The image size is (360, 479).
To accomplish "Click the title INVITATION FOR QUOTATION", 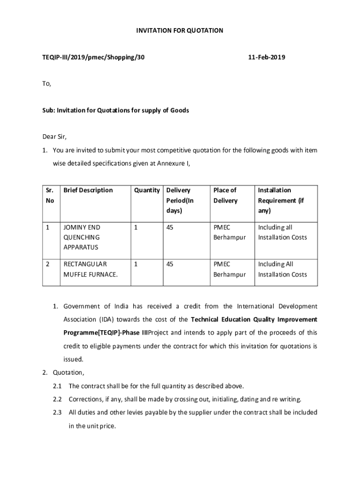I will coord(180,30).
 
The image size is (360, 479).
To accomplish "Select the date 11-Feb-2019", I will coord(266,57).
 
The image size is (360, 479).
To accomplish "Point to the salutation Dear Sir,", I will coord(55,137).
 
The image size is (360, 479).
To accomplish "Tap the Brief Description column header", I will coord(88,190).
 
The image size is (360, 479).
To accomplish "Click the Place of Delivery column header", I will coord(225,195).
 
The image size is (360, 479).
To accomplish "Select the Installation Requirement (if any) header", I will coord(281,200).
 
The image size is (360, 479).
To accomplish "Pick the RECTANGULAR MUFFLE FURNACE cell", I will coord(90,269).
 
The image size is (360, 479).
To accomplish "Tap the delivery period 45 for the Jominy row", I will coord(170,227).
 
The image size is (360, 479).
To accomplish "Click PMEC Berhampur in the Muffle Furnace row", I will coord(230,269).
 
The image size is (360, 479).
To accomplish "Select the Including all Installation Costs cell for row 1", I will coord(282,232).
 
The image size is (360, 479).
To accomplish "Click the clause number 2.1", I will coord(57,386).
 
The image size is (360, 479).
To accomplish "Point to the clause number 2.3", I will coord(57,412).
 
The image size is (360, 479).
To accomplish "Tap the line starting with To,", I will coord(47,84).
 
